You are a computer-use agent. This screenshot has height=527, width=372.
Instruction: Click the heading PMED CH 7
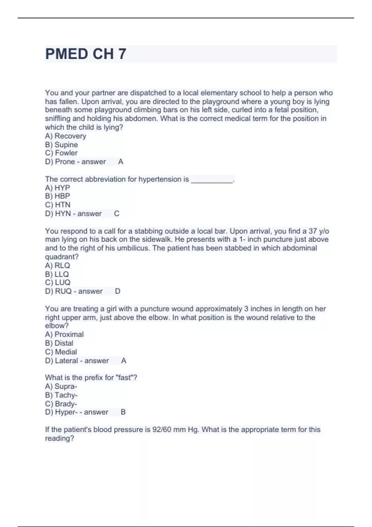click(x=86, y=54)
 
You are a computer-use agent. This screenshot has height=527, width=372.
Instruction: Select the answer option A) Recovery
click(x=65, y=136)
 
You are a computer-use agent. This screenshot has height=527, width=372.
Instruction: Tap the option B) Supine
click(x=61, y=144)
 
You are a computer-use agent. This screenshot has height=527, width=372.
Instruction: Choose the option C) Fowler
click(x=61, y=153)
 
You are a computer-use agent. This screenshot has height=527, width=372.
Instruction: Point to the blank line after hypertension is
click(x=212, y=180)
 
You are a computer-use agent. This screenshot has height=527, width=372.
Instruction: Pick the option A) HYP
click(x=57, y=188)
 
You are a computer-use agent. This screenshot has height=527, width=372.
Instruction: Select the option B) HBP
click(x=57, y=196)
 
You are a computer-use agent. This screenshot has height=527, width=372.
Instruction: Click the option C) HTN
click(x=58, y=205)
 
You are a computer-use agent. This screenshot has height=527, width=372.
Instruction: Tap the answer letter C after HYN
click(x=117, y=214)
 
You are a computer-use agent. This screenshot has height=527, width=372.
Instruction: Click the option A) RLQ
click(x=57, y=265)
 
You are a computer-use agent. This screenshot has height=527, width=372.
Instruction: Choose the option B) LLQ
click(x=57, y=274)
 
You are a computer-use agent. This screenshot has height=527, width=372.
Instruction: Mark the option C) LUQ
click(x=58, y=282)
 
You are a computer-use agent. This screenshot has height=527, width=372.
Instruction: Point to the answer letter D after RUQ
click(x=117, y=291)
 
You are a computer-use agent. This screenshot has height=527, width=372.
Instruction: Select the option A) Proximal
click(x=64, y=334)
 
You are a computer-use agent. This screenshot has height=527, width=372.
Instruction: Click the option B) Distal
click(x=59, y=343)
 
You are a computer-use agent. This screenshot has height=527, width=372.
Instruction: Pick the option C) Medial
click(x=61, y=352)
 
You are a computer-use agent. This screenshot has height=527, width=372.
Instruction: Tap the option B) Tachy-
click(x=61, y=395)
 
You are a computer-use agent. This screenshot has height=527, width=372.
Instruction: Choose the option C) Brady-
click(x=61, y=404)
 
